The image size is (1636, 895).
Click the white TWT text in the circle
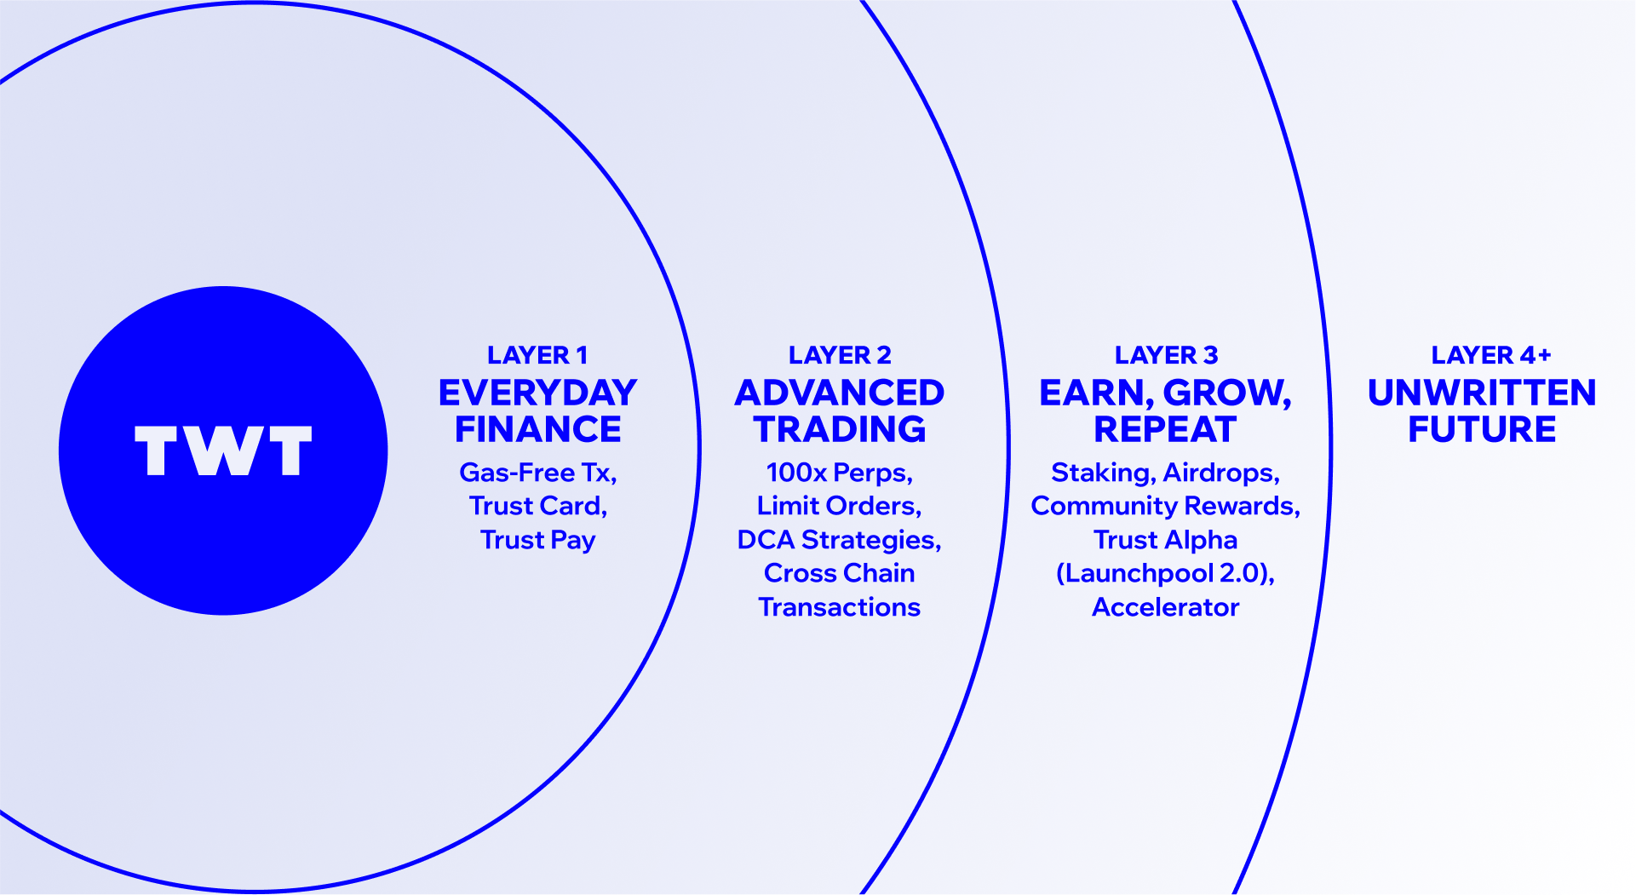[x=223, y=450]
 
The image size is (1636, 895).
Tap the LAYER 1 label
[x=537, y=355]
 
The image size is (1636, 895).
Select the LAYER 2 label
[x=840, y=355]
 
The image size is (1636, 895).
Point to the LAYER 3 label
[x=1166, y=355]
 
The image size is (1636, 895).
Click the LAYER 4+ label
[x=1491, y=355]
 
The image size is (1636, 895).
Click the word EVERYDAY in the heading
[x=537, y=393]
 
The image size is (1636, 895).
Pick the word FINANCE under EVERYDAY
[x=537, y=429]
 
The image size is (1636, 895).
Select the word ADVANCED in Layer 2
[x=840, y=393]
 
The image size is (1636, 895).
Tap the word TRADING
[x=840, y=429]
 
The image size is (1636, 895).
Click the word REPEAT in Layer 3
[x=1165, y=429]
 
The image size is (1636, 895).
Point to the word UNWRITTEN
[x=1482, y=393]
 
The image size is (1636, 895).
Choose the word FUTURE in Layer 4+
[x=1482, y=429]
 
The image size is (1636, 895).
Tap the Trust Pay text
[x=537, y=540]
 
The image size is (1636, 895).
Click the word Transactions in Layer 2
[x=840, y=607]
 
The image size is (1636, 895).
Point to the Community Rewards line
[x=1165, y=506]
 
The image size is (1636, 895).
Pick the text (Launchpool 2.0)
[x=1165, y=573]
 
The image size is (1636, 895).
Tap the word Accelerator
[x=1165, y=607]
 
